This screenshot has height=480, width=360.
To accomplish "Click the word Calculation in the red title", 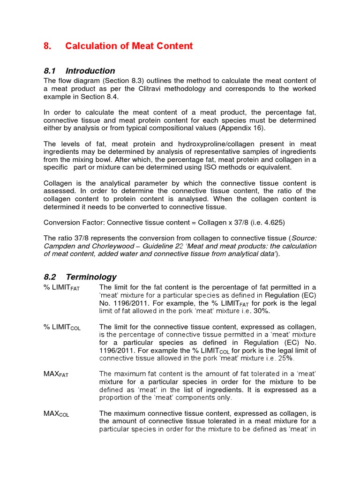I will click(x=89, y=46).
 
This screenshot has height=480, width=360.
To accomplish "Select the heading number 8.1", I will click(x=50, y=71).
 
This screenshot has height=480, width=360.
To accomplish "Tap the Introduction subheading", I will click(x=90, y=71).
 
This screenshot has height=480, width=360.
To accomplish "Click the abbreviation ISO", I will click(x=226, y=167).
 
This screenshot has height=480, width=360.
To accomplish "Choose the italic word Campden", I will click(x=60, y=246).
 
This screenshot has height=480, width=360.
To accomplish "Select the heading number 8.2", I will click(x=50, y=277).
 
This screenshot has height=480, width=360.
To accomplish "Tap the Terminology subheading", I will click(x=91, y=277).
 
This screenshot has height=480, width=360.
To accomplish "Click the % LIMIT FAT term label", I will click(x=61, y=288).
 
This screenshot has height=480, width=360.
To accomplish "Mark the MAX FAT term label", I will click(x=56, y=374).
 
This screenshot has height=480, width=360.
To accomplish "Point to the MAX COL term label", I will click(x=56, y=414).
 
